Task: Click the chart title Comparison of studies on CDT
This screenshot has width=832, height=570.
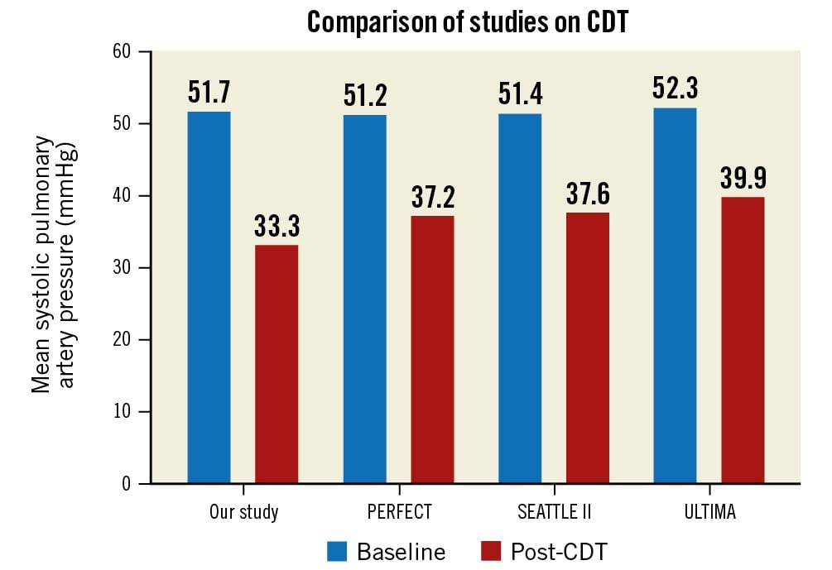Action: coord(468,22)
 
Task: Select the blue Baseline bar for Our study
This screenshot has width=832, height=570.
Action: coord(209,298)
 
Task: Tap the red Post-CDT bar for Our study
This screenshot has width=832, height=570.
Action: coord(277,364)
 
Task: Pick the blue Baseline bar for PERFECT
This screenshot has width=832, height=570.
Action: coord(364,299)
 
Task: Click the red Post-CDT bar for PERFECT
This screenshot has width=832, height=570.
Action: coord(432,350)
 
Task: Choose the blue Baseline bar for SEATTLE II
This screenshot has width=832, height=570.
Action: coord(520,299)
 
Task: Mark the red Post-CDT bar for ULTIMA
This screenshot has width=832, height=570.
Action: coord(743,340)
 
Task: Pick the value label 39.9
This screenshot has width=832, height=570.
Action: coord(743,179)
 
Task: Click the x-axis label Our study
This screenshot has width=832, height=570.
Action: coord(243,512)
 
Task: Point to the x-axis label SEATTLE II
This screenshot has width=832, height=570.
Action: coord(554,512)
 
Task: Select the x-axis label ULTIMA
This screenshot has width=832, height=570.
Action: coord(709,512)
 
